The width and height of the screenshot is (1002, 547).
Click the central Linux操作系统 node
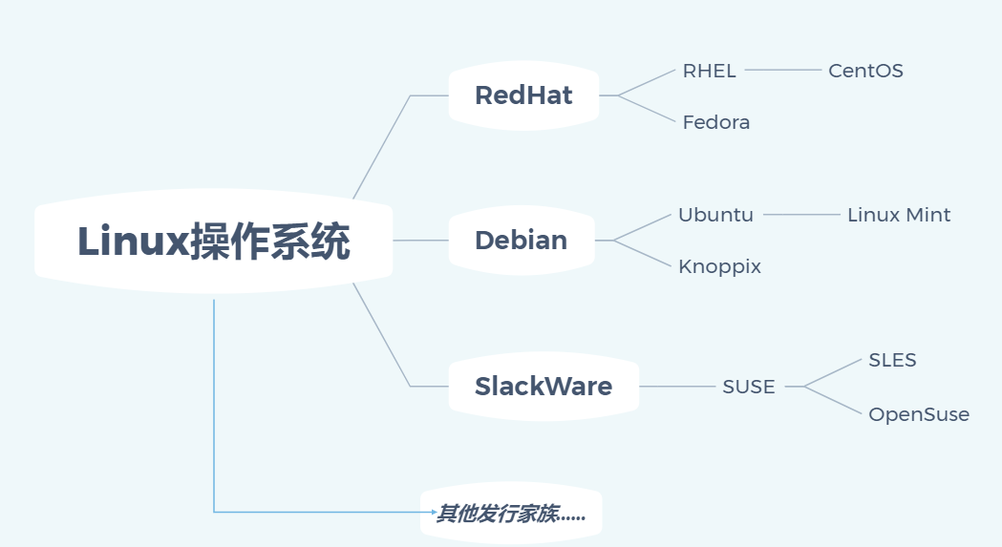point(213,242)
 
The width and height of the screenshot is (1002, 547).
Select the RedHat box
point(523,95)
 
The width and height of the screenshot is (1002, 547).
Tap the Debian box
point(521,241)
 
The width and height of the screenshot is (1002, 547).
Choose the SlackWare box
point(543,387)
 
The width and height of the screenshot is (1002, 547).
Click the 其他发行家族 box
point(510,515)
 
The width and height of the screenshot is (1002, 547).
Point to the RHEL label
point(709,71)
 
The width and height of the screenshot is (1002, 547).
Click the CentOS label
point(865,71)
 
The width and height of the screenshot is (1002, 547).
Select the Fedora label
point(715,122)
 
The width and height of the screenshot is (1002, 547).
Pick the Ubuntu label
point(715,215)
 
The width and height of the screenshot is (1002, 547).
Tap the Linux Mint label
point(899,215)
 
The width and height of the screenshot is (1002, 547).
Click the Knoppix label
point(719,266)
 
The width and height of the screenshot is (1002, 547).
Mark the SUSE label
point(748,387)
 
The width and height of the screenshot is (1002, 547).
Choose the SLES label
point(892,360)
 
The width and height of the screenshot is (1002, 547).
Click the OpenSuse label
point(918,414)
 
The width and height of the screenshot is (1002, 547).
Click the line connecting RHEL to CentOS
point(782,70)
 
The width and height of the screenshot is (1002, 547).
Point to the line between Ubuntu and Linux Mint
point(800,215)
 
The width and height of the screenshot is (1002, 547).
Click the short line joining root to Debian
point(420,241)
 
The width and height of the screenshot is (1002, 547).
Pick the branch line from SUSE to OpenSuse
point(833,400)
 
